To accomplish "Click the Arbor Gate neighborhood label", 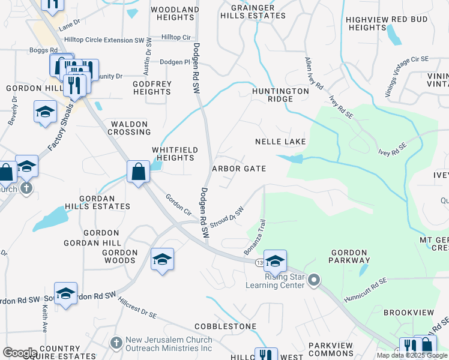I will pyautogui.click(x=239, y=169).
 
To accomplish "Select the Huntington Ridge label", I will pyautogui.click(x=280, y=95).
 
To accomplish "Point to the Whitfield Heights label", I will pyautogui.click(x=173, y=154).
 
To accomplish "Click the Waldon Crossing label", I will pyautogui.click(x=128, y=128).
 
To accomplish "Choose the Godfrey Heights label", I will pyautogui.click(x=152, y=88).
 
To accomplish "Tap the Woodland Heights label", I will pyautogui.click(x=175, y=14).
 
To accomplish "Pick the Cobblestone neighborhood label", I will pyautogui.click(x=225, y=326).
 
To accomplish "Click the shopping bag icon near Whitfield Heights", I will pyautogui.click(x=138, y=172).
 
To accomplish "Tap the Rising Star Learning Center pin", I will pyautogui.click(x=315, y=279).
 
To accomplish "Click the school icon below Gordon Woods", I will pyautogui.click(x=162, y=259).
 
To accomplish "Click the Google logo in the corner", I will pyautogui.click(x=19, y=353).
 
